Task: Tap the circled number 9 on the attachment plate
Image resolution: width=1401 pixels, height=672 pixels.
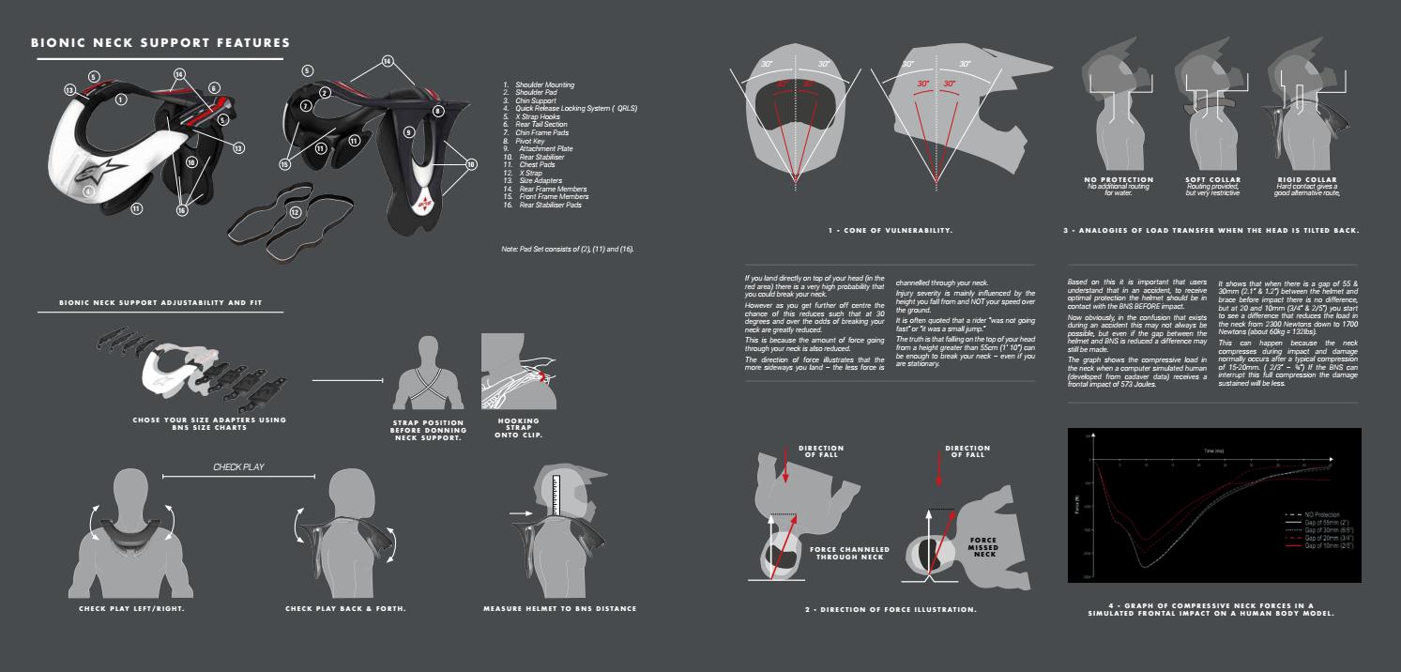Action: coord(409,131)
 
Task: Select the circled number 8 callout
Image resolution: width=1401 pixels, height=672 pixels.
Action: coord(438,111)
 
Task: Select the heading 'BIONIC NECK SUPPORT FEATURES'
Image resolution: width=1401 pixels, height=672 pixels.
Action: coord(160,43)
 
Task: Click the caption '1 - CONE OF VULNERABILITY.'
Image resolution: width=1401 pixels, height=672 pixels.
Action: coord(891,230)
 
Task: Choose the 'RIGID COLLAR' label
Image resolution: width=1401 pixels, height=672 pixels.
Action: coord(1305,179)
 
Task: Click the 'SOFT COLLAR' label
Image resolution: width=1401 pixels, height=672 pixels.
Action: coord(1212,179)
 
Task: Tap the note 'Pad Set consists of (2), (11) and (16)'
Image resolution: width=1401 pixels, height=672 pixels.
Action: coord(569,249)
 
